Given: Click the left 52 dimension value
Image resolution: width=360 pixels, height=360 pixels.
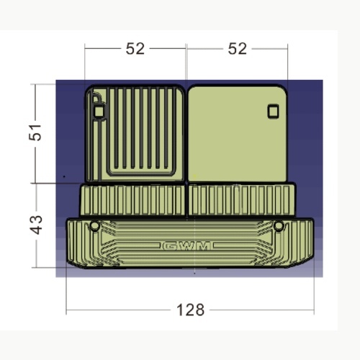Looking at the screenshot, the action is [135, 49].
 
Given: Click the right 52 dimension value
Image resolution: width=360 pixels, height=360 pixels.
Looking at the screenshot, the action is [237, 49].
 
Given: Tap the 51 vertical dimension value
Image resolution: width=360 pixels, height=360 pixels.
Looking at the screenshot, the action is [35, 132].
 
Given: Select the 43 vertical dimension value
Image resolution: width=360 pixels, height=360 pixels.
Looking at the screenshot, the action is [36, 225].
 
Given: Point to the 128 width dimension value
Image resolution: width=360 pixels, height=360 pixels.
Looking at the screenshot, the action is [190, 310].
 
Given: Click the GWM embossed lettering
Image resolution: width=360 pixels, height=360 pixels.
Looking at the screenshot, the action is [186, 246].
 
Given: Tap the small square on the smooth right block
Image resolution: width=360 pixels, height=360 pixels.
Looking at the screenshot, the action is [273, 111].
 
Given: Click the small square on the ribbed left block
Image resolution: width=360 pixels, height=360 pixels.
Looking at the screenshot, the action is [99, 111].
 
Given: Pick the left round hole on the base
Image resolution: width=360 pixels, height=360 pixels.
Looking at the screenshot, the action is [94, 226].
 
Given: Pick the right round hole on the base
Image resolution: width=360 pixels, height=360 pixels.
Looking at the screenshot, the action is [279, 226].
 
